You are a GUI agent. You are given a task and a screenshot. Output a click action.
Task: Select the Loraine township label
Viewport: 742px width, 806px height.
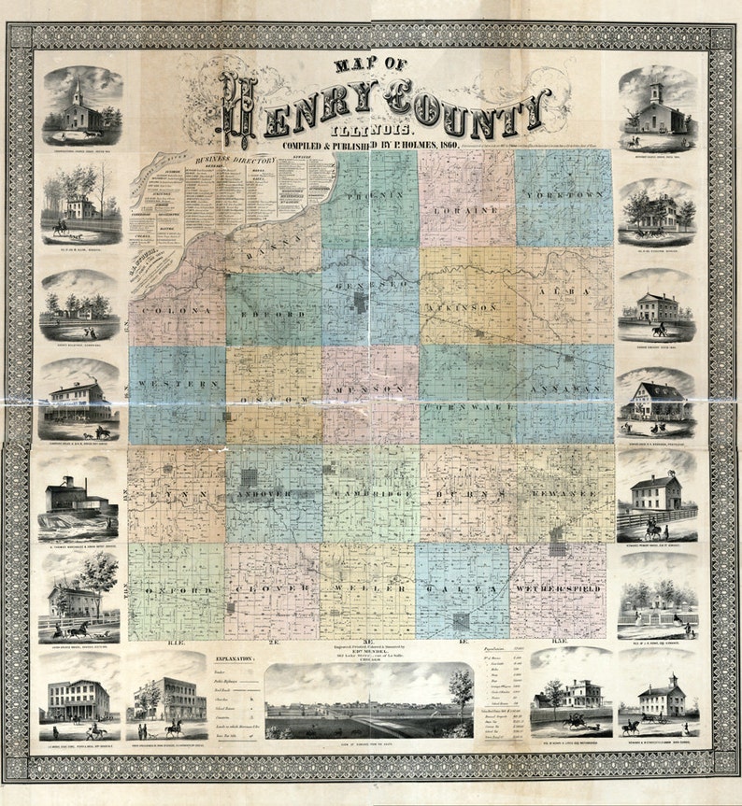[466, 210]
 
